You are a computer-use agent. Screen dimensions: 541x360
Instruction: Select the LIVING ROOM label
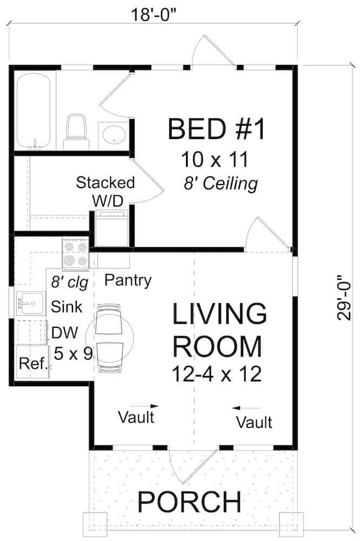(x=219, y=329)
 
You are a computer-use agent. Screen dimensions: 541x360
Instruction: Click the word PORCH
(x=189, y=502)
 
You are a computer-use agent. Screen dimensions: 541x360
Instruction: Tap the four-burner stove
(x=75, y=255)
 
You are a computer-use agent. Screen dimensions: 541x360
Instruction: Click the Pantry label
(x=128, y=280)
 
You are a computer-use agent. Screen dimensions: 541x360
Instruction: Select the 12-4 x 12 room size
(x=217, y=374)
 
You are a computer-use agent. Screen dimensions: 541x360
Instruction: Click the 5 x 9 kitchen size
(x=74, y=353)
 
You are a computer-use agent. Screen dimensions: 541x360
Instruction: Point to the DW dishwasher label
(x=65, y=332)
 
